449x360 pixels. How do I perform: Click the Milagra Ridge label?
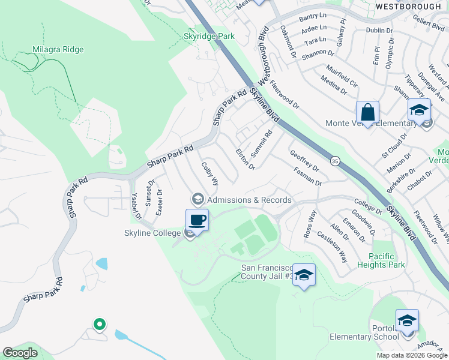click(x=58, y=49)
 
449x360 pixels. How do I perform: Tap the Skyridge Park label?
click(x=208, y=36)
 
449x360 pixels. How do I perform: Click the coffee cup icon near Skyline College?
click(x=197, y=219)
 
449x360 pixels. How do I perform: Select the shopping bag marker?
click(x=367, y=112)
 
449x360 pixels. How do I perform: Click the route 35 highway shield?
click(x=334, y=161)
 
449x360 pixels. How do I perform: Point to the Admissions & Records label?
click(x=249, y=200)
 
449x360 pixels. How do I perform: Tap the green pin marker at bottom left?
click(x=99, y=325)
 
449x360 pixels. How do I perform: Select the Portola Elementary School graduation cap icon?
click(x=407, y=320)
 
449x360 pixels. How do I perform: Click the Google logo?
click(x=20, y=353)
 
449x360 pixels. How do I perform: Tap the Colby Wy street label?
click(x=210, y=173)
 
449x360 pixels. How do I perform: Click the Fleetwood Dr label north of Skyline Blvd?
click(x=284, y=95)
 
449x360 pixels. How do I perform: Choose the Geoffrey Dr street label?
click(x=304, y=161)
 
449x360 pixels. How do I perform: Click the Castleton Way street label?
click(x=332, y=247)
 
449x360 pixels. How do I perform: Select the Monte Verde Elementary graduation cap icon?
click(x=419, y=110)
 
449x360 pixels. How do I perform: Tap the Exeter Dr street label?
click(x=159, y=202)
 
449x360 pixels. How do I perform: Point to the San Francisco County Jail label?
click(x=267, y=272)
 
